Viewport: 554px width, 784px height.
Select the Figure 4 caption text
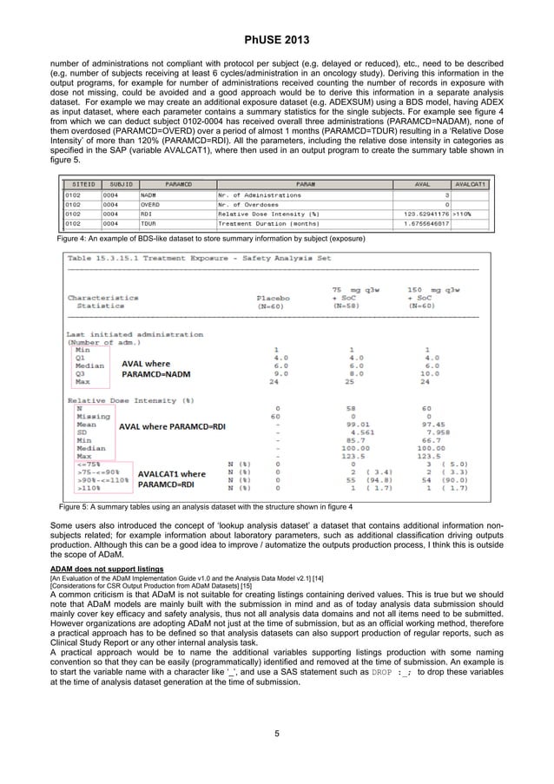[205, 237]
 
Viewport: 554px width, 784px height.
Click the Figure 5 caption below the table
[206, 506]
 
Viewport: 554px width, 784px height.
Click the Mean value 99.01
[351, 424]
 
